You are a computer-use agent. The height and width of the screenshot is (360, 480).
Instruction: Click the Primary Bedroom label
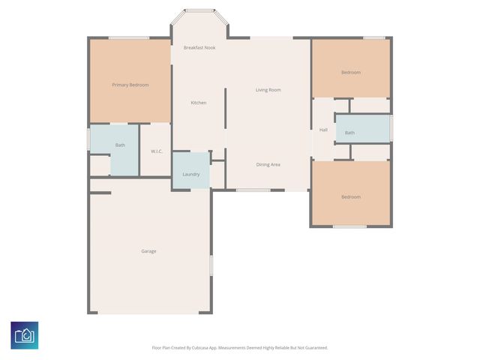130,85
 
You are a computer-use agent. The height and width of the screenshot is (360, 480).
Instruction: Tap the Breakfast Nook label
199,47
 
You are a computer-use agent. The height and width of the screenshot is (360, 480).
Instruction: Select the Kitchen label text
198,103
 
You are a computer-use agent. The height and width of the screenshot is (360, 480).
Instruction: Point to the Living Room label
268,90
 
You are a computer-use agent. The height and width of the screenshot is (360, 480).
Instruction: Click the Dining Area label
268,164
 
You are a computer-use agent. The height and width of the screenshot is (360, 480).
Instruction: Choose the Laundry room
190,174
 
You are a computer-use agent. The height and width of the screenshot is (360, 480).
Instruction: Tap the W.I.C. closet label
157,151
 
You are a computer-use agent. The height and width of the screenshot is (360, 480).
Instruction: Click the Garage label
148,251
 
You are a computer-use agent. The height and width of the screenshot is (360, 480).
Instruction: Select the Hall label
323,130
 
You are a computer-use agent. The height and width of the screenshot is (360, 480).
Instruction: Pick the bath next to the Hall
349,133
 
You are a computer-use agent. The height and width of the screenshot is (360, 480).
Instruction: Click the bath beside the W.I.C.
120,145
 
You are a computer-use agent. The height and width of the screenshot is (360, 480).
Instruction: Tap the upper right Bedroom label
350,73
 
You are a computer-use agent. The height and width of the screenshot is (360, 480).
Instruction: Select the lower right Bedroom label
350,197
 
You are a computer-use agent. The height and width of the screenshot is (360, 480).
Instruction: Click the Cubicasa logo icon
24,335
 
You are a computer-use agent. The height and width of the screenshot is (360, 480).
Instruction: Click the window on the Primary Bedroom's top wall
128,37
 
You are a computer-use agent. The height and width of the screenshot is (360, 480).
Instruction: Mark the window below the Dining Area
253,190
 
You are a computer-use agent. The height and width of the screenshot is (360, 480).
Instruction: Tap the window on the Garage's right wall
211,265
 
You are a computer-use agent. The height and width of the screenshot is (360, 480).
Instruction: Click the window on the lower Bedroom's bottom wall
349,226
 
